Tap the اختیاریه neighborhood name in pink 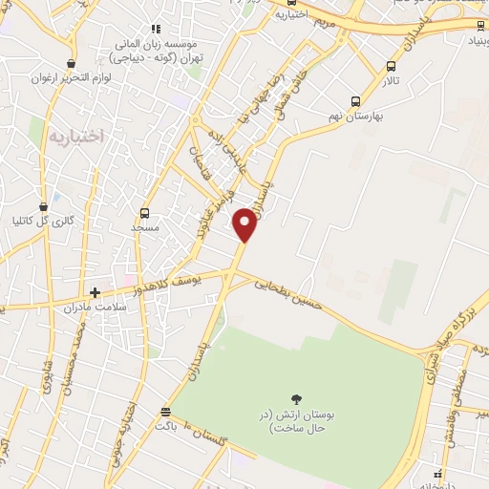pyautogui.click(x=74, y=137)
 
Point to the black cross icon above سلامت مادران pyautogui.click(x=95, y=292)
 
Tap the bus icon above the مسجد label pyautogui.click(x=144, y=213)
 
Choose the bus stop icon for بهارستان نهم pyautogui.click(x=355, y=101)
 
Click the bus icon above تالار pyautogui.click(x=391, y=66)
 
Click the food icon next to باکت pyautogui.click(x=166, y=413)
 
